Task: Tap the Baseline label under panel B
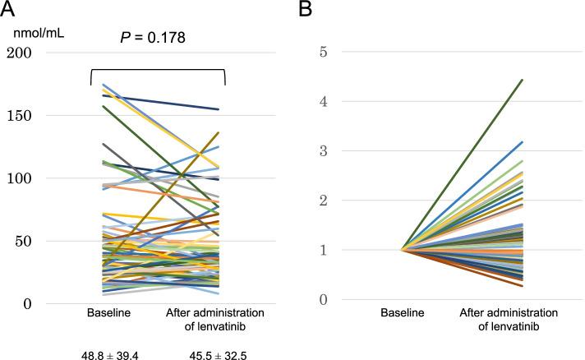[x=403, y=315]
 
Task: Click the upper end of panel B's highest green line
[x=523, y=80]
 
